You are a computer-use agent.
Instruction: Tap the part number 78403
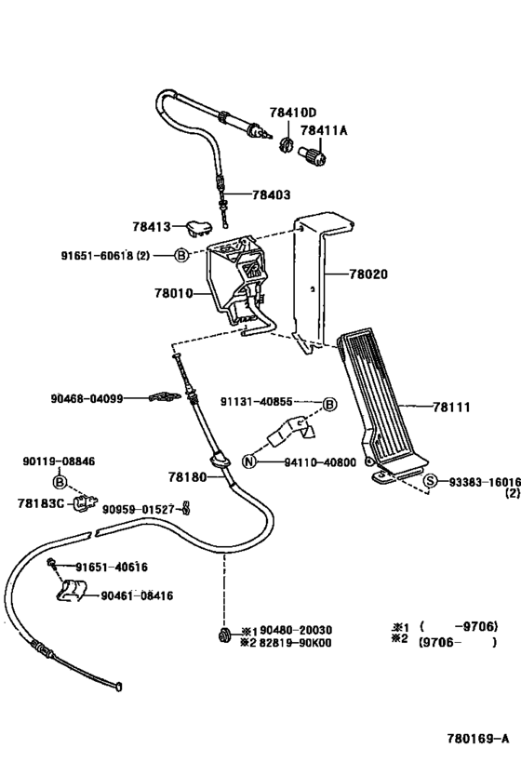(270, 195)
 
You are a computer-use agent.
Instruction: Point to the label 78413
(150, 225)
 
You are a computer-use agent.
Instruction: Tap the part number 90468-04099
(87, 398)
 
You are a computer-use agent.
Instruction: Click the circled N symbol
(248, 461)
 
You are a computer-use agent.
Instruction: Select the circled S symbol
(431, 481)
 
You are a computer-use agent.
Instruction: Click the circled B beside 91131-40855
(328, 403)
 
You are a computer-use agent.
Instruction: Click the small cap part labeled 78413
(197, 225)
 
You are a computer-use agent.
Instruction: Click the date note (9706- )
(457, 641)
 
